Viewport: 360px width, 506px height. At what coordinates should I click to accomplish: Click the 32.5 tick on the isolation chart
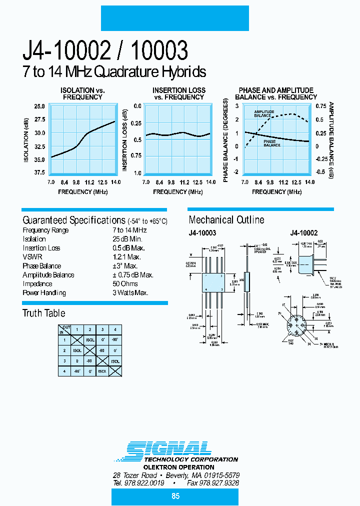coord(39,146)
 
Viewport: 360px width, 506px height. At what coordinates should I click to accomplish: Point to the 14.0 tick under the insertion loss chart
coord(210,182)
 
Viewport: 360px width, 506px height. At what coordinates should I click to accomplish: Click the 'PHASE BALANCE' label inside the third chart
coord(272,143)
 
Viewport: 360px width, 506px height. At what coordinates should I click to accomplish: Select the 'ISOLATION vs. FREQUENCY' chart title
coord(82,93)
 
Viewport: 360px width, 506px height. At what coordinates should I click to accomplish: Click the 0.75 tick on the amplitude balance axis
coord(320,106)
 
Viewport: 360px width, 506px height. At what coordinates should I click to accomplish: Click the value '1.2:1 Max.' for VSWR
coord(127,257)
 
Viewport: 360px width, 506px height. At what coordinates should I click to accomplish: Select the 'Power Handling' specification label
coord(44,293)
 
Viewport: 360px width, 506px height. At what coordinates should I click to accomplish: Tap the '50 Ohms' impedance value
coord(126,284)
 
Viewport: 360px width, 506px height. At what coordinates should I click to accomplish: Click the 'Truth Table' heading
coord(43,313)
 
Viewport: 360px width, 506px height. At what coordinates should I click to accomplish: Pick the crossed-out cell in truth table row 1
coord(77,339)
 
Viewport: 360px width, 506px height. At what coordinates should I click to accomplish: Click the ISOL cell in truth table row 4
coord(102,371)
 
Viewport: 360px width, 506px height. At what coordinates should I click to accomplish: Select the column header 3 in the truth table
coord(102,329)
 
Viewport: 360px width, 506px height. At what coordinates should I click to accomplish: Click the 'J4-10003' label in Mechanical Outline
coord(202,233)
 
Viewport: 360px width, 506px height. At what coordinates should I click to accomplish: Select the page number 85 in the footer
coord(175,496)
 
